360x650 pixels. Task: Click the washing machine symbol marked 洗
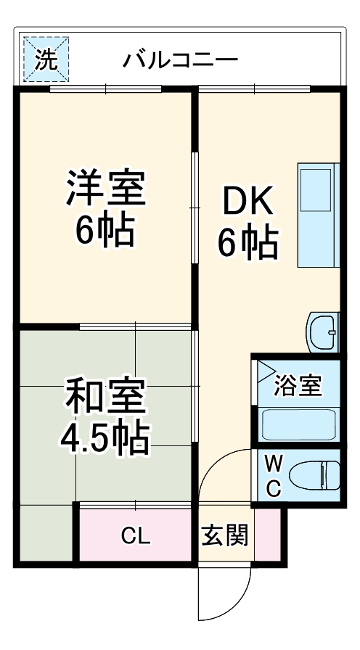46,60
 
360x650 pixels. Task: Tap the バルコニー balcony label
179,59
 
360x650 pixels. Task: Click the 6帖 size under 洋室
105,231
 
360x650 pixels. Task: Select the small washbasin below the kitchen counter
322,332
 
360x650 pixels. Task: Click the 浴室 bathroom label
298,386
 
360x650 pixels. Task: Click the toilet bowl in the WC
314,477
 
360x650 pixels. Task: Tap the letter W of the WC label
273,461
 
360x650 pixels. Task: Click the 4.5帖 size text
105,437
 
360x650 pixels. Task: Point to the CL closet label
135,537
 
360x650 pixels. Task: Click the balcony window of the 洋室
106,89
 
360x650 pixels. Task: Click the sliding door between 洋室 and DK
194,207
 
